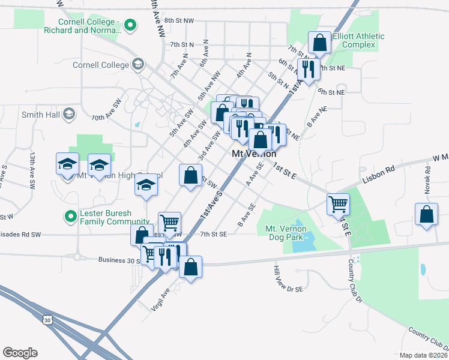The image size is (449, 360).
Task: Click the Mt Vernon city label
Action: (x=254, y=154)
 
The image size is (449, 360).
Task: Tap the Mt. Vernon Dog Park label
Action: (x=286, y=233)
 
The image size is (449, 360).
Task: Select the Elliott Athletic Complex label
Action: (x=359, y=41)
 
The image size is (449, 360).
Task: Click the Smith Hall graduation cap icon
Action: (x=68, y=114)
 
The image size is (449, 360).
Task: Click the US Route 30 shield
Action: (x=47, y=320)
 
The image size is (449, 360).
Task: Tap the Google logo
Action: (x=20, y=353)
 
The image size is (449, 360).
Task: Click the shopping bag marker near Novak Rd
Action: (x=426, y=215)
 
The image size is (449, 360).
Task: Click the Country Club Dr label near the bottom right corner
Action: (x=429, y=338)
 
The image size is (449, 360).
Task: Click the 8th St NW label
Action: (x=179, y=20)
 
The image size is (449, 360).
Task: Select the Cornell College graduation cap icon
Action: (x=138, y=64)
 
